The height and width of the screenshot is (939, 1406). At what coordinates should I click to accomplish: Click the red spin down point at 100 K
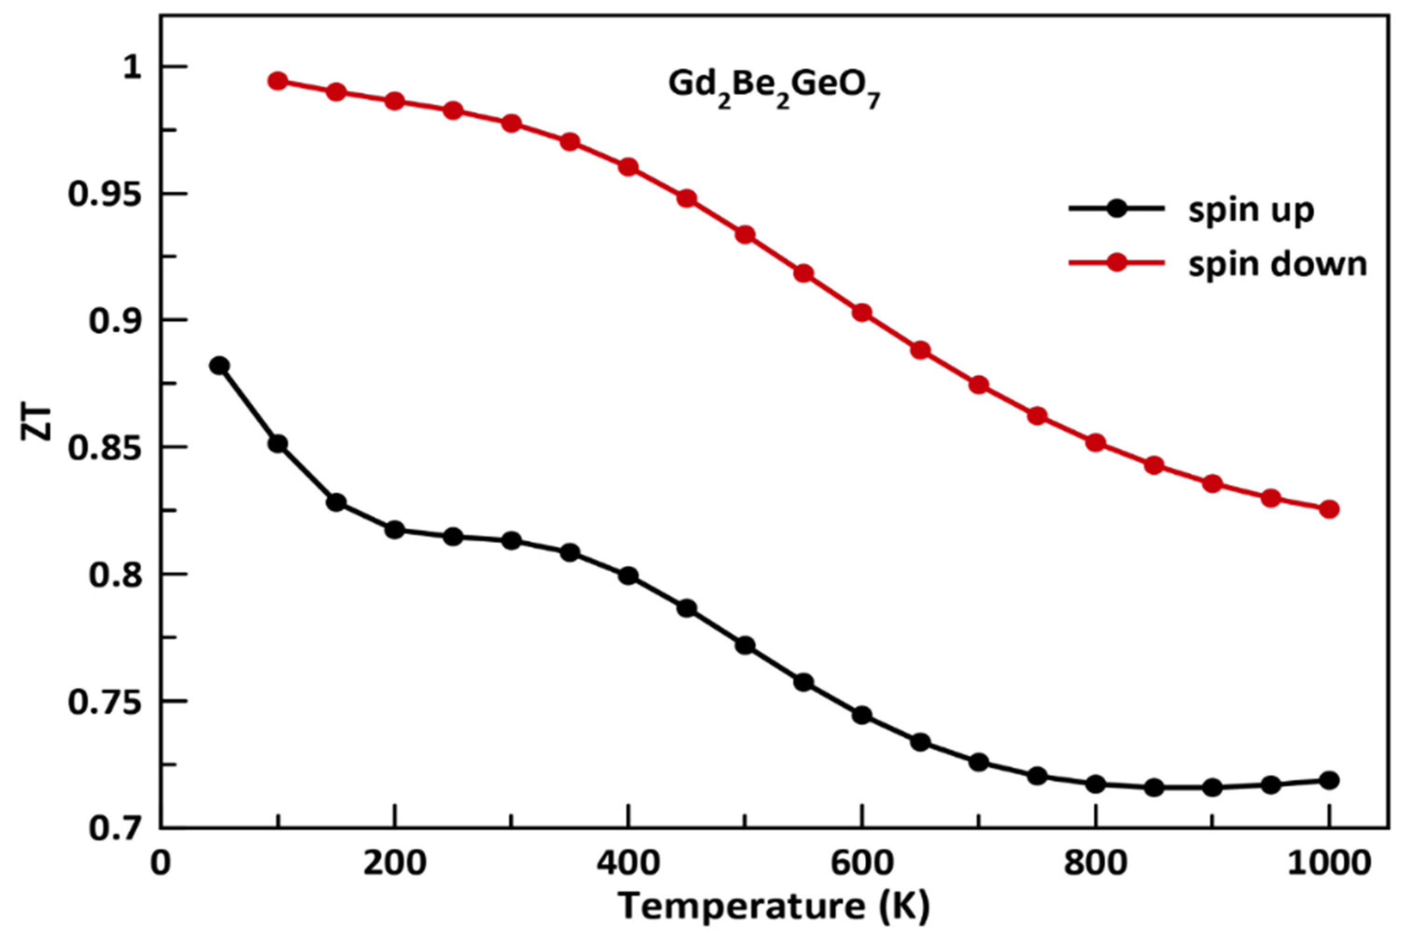[x=278, y=81]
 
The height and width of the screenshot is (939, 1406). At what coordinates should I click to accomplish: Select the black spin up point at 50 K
[x=219, y=365]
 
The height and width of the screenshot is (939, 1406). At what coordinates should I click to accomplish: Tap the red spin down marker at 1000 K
[x=1329, y=509]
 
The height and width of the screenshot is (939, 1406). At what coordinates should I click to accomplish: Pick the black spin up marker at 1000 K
[x=1329, y=780]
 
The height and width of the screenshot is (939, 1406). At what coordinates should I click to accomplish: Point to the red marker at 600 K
[x=862, y=313]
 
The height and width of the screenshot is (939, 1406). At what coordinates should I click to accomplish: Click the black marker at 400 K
[x=628, y=576]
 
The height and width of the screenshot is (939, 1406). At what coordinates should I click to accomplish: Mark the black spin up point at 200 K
[x=394, y=530]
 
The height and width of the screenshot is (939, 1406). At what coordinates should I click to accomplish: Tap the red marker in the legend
[x=1116, y=262]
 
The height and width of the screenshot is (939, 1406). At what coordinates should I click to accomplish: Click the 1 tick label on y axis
[x=132, y=67]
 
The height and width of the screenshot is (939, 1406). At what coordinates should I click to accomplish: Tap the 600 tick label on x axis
[x=861, y=864]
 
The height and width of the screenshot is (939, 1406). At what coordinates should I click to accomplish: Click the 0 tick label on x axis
[x=160, y=864]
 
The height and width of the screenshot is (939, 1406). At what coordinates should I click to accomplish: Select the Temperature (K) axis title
[x=773, y=906]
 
